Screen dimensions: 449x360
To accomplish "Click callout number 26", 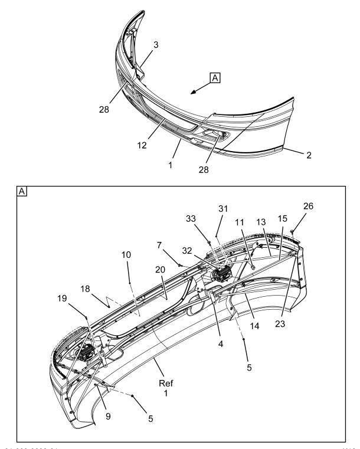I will [x=308, y=207].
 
